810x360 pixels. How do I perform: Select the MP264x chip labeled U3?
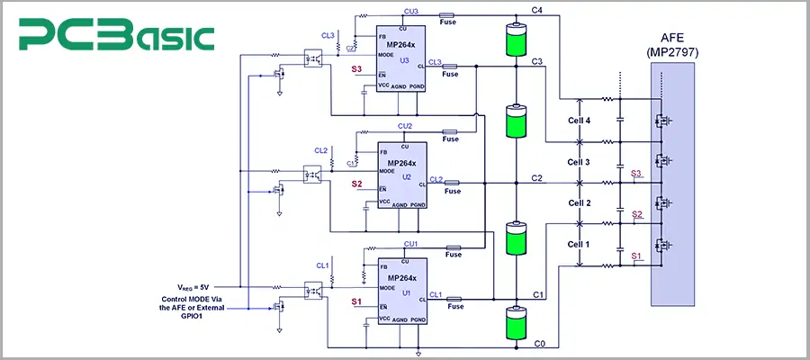click(x=401, y=59)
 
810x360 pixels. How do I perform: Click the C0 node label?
click(x=540, y=345)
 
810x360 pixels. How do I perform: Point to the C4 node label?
click(x=536, y=10)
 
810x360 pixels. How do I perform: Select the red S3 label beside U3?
click(x=357, y=69)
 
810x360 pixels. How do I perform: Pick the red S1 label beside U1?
click(x=357, y=302)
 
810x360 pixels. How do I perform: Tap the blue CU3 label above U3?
click(x=411, y=11)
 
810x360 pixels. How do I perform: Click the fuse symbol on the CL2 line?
click(x=452, y=182)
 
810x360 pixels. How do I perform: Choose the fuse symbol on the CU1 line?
click(x=452, y=247)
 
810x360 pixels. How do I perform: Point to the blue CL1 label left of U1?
click(x=322, y=265)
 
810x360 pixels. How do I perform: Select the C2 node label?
click(x=536, y=178)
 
